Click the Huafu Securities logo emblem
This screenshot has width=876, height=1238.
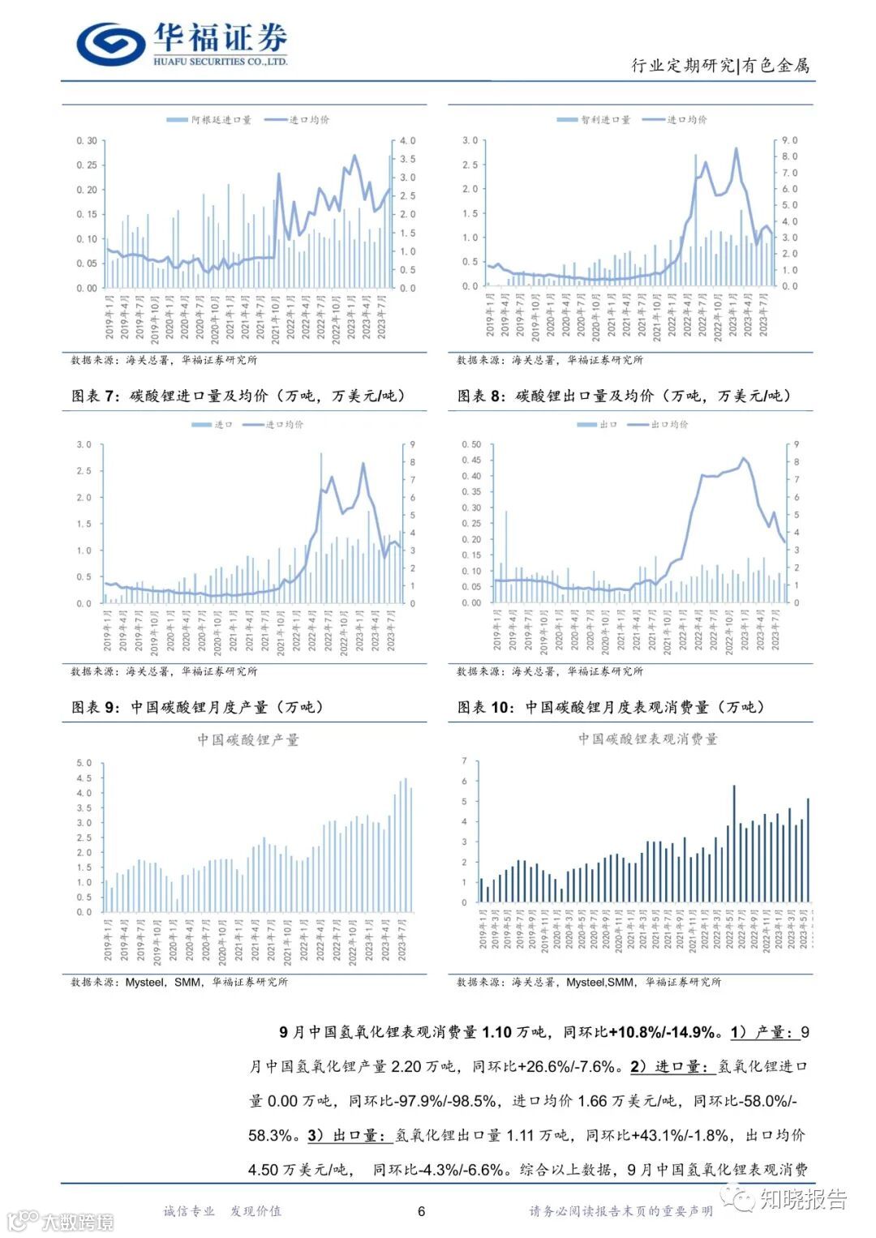pos(110,43)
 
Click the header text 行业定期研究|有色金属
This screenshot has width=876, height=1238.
pos(720,66)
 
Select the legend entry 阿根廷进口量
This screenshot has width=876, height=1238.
pos(209,120)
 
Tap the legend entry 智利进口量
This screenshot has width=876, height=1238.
pos(594,120)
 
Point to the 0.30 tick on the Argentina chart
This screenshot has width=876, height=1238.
pos(86,141)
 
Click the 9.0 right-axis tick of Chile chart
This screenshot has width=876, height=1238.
pos(789,140)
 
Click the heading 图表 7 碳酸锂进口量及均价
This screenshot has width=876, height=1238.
pos(238,396)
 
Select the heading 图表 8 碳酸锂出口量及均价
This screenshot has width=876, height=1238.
pos(624,396)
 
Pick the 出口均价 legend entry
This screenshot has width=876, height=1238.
pos(658,424)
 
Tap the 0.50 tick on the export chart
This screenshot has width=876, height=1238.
pos(471,444)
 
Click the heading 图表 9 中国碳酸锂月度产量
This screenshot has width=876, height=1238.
pos(198,707)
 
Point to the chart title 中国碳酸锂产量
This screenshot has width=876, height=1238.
pos(248,739)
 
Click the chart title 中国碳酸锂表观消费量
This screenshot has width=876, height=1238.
pos(647,739)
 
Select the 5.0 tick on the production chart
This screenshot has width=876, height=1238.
pos(84,763)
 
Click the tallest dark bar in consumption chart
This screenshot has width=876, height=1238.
pos(734,843)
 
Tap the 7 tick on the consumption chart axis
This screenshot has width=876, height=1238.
pos(464,760)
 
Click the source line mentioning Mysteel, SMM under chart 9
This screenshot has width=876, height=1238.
pos(178,982)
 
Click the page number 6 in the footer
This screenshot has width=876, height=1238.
pos(422,1211)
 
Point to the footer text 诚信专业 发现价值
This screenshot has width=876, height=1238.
pos(222,1211)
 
